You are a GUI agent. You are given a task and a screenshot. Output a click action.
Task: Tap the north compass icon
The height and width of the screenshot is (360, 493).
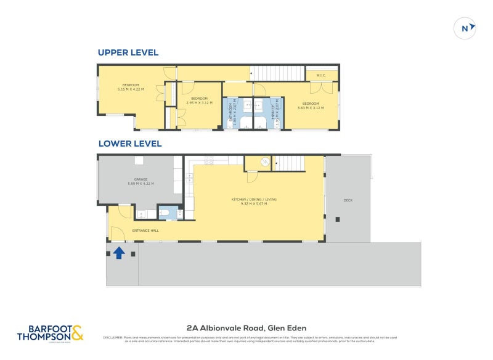click(465, 28)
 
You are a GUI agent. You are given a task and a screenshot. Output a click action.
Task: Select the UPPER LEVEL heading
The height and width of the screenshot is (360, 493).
click(128, 52)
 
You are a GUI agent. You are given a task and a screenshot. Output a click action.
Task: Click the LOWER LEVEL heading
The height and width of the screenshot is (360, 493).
click(130, 144)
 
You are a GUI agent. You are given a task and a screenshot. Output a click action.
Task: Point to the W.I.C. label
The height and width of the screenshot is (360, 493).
click(321, 75)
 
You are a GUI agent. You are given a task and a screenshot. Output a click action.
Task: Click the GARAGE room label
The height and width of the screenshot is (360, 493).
click(141, 179)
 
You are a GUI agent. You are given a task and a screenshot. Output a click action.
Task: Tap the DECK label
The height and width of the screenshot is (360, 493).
click(348, 200)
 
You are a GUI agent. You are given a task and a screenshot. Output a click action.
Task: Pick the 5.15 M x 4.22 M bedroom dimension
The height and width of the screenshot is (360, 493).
click(130, 89)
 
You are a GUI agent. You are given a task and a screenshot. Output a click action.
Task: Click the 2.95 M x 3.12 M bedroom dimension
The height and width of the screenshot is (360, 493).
click(200, 103)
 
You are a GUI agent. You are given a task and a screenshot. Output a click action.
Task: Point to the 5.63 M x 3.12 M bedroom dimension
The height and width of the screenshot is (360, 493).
click(311, 107)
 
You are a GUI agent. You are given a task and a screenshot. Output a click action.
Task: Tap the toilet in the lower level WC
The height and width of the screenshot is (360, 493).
click(165, 214)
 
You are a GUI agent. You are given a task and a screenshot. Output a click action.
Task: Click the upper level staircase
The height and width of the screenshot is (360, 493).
click(278, 73)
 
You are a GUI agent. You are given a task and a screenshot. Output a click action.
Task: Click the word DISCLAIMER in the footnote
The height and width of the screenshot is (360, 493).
click(113, 337)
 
